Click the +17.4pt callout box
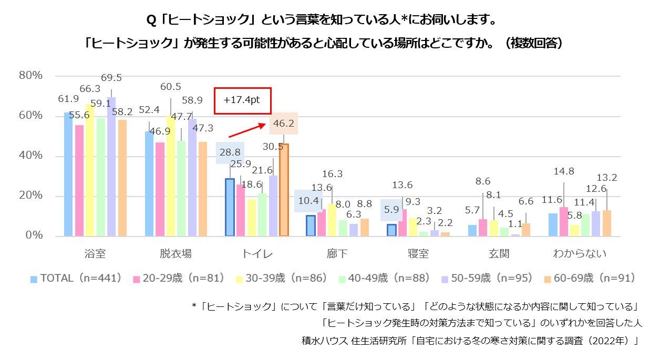pyautogui.click(x=243, y=101)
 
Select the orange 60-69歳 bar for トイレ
pyautogui.click(x=284, y=190)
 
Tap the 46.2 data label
pyautogui.click(x=284, y=124)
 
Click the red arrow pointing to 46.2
pyautogui.click(x=247, y=130)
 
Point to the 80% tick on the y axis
pyautogui.click(x=30, y=75)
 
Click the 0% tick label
pyautogui.click(x=34, y=235)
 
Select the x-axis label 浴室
pyautogui.click(x=95, y=253)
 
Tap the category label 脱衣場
pyautogui.click(x=176, y=253)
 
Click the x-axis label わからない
pyautogui.click(x=580, y=253)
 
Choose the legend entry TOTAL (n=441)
pyautogui.click(x=76, y=278)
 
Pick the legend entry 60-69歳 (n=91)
pyautogui.click(x=590, y=278)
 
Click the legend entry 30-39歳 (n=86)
pyautogui.click(x=282, y=278)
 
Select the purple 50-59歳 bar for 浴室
pyautogui.click(x=111, y=167)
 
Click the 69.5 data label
pyautogui.click(x=111, y=77)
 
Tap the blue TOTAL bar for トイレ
pyautogui.click(x=230, y=207)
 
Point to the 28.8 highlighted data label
pyautogui.click(x=230, y=153)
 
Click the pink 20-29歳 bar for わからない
pyautogui.click(x=564, y=221)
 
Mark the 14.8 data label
pyautogui.click(x=564, y=171)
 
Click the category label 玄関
pyautogui.click(x=499, y=253)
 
